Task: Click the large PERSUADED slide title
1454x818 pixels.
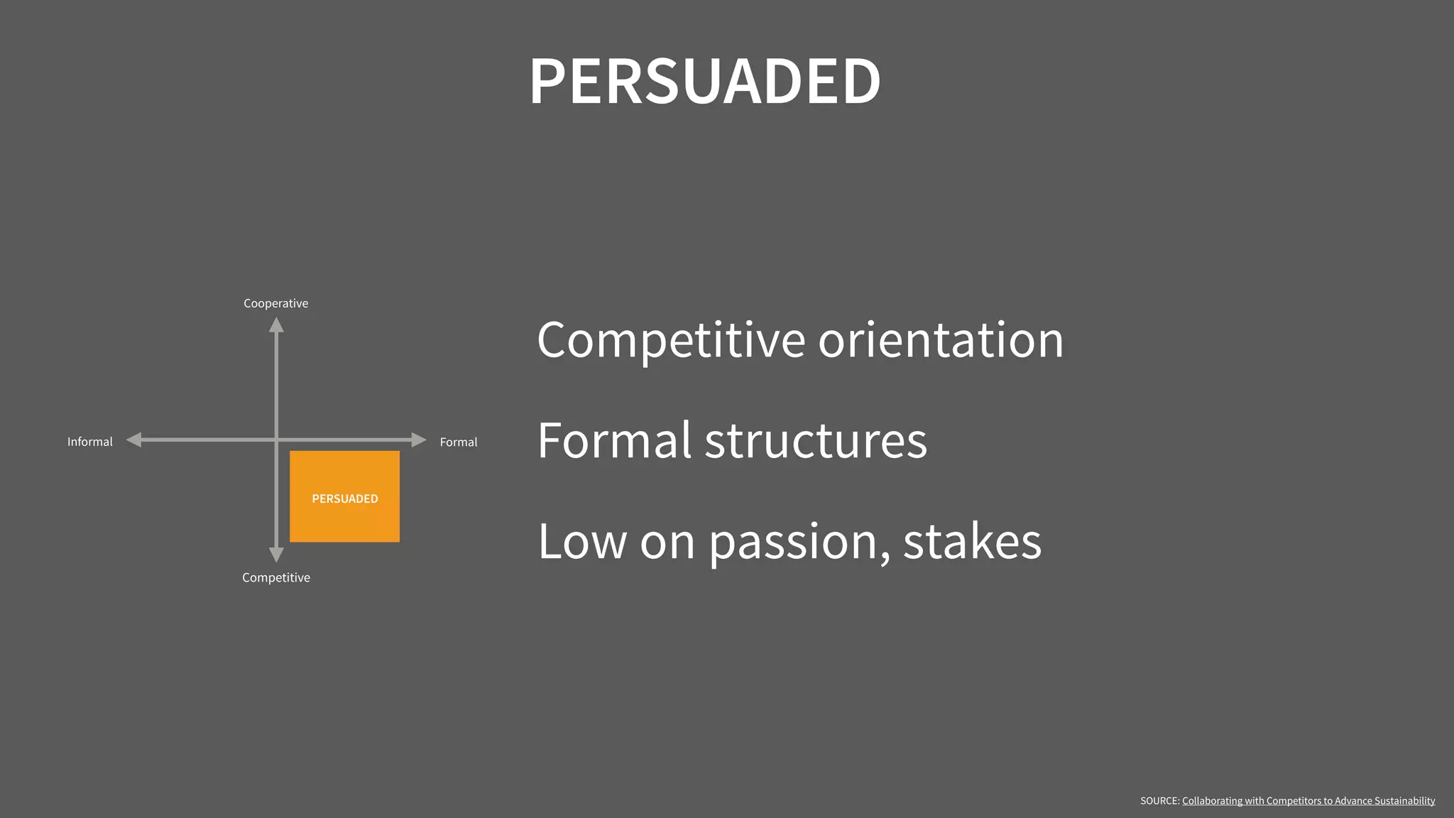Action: [x=705, y=81]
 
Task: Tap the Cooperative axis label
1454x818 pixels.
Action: [x=275, y=303]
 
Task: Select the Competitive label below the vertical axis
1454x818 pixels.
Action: [x=275, y=577]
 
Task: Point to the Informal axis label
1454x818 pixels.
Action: [x=89, y=442]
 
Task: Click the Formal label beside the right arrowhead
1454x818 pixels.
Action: [x=458, y=442]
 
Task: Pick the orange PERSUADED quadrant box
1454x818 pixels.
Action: [x=344, y=496]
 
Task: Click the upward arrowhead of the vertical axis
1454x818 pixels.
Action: [x=276, y=325]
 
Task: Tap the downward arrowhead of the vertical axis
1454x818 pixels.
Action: [x=276, y=555]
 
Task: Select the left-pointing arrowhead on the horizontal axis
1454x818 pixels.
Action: [x=134, y=440]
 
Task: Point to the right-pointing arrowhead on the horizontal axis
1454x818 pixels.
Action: [x=418, y=440]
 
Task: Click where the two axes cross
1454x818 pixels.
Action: [x=276, y=440]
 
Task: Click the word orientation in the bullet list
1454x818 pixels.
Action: [x=941, y=339]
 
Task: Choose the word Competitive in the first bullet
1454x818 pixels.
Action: [x=671, y=341]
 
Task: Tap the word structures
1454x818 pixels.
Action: [x=816, y=440]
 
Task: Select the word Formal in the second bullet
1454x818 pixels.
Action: [x=614, y=440]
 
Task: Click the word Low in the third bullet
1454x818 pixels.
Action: [x=582, y=542]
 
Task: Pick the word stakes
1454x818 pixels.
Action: [x=972, y=542]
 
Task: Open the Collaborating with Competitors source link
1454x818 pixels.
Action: [x=1308, y=801]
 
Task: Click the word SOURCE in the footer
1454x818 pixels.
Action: [x=1159, y=801]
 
